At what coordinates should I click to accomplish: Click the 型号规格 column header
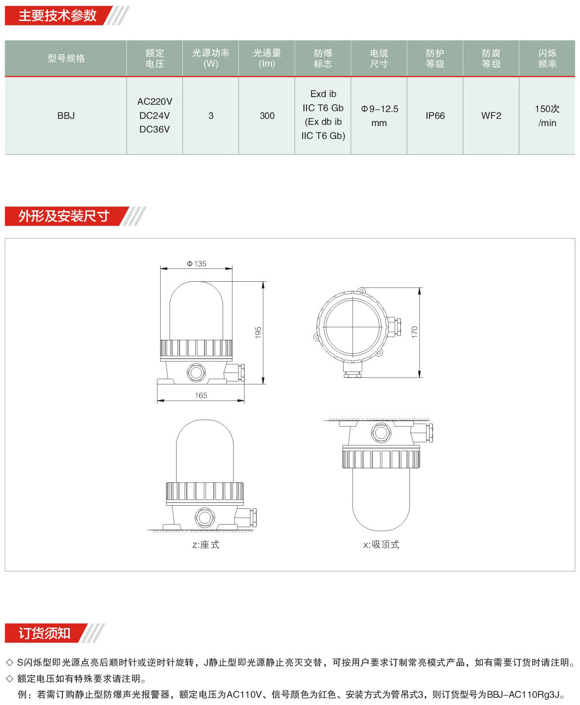click(x=66, y=58)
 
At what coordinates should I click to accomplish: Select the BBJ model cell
click(x=66, y=115)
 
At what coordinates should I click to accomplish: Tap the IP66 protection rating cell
click(x=435, y=115)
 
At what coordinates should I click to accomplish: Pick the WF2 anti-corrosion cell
click(x=491, y=115)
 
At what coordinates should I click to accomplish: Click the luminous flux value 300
click(x=267, y=115)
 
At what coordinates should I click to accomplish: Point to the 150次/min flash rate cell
click(x=547, y=116)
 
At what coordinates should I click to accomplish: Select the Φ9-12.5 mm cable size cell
click(x=379, y=116)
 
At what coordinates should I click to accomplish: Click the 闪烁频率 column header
click(x=547, y=59)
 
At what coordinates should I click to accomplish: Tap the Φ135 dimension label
click(x=197, y=264)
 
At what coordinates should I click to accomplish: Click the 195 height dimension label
click(x=258, y=333)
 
